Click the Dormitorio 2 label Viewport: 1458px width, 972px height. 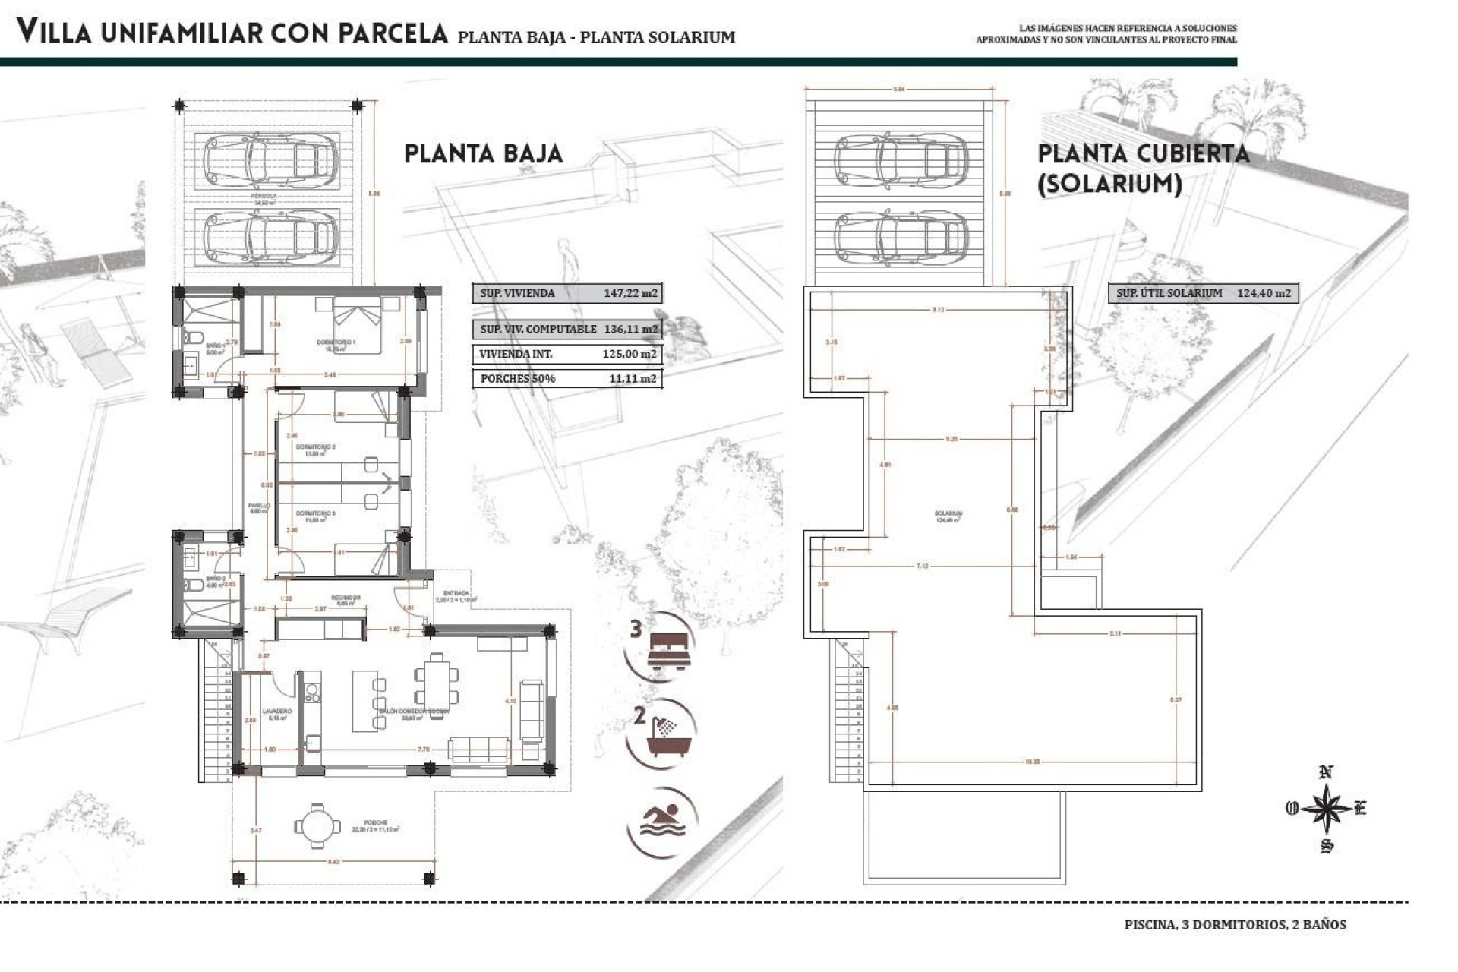click(315, 450)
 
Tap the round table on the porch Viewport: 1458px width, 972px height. click(313, 826)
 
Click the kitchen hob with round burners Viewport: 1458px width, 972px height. click(311, 691)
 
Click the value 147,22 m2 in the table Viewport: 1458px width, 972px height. click(630, 293)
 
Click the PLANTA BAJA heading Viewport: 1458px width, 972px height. click(483, 153)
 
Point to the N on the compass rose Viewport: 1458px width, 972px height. click(1326, 773)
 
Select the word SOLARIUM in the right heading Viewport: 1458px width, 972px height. click(1109, 185)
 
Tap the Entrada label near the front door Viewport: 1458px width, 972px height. click(456, 594)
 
